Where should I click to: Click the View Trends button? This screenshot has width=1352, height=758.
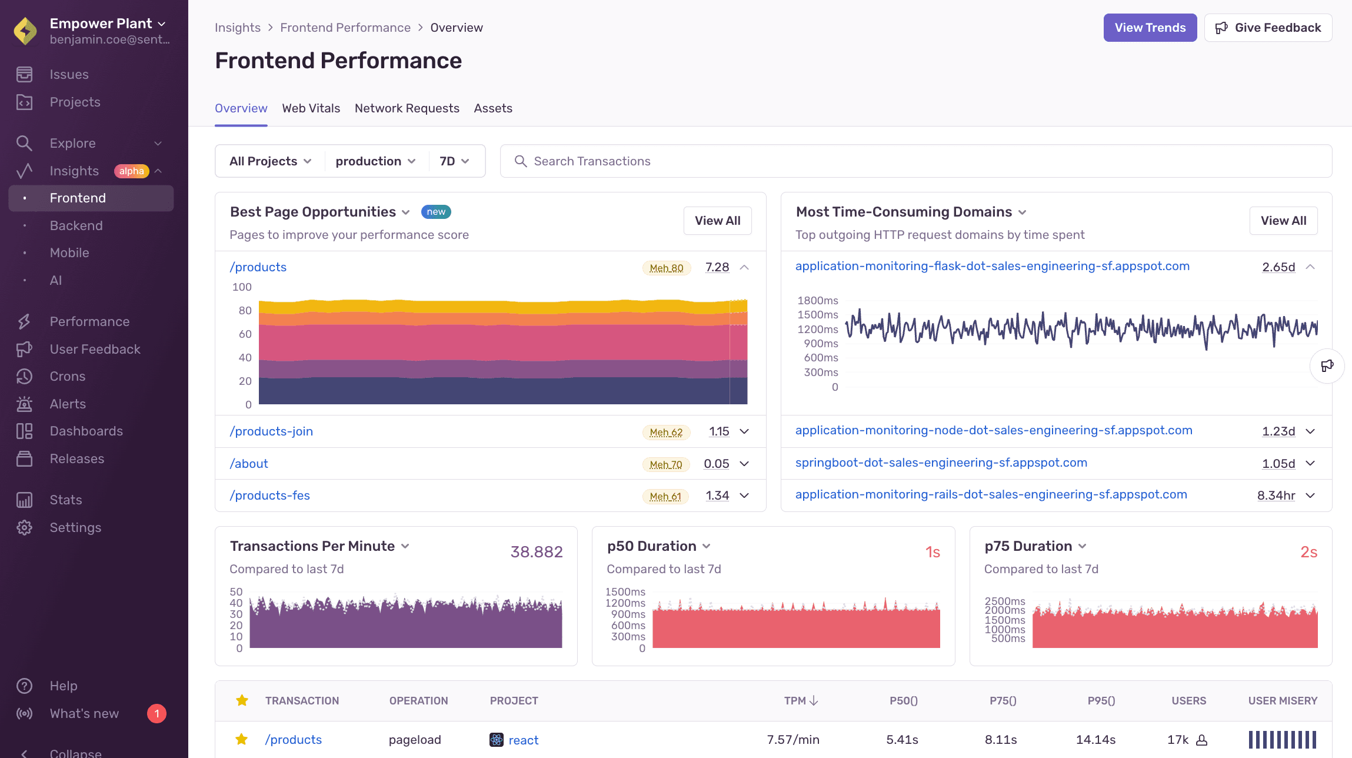[x=1150, y=28]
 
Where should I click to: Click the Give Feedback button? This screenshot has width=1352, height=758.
[x=1268, y=28]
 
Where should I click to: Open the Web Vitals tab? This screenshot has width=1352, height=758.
[x=311, y=108]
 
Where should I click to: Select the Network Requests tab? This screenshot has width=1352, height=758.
[x=407, y=108]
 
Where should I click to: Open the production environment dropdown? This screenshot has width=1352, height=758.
[x=375, y=161]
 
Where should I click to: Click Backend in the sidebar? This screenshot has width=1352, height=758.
[x=76, y=225]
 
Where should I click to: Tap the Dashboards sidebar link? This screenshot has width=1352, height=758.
[x=86, y=431]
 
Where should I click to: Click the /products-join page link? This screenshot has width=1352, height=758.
[x=271, y=431]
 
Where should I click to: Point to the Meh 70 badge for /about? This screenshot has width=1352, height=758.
[x=665, y=464]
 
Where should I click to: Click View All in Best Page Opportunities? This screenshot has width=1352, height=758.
[x=717, y=221]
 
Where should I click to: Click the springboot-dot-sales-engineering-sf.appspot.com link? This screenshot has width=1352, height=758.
[x=941, y=463]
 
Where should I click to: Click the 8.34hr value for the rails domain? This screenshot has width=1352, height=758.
[x=1276, y=496]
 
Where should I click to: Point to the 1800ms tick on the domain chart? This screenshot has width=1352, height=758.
[x=817, y=301]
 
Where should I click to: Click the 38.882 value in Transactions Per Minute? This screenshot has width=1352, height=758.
[x=536, y=552]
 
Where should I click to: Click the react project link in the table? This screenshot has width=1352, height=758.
[x=522, y=740]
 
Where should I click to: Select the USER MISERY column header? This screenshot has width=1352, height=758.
[x=1283, y=701]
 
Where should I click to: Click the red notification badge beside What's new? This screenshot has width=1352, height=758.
[x=156, y=714]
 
